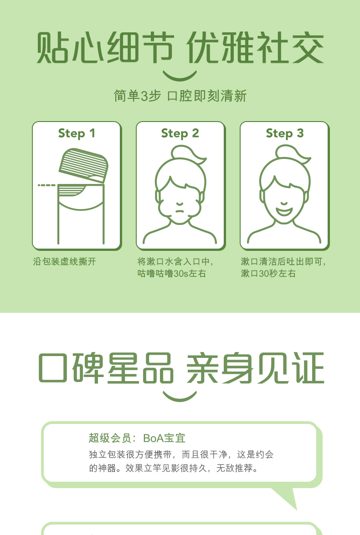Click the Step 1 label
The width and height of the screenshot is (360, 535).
77,133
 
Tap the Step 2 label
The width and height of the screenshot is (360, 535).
180,133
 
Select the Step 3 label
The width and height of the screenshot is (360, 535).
284,133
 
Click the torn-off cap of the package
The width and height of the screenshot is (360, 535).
84,165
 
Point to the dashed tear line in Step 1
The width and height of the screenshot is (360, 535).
46,185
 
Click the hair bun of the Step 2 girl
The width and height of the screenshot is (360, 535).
186,153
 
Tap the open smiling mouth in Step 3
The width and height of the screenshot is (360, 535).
284,209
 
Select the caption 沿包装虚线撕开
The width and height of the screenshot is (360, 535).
64,262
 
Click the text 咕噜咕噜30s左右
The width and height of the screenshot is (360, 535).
171,274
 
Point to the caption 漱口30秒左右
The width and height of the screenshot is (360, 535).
268,274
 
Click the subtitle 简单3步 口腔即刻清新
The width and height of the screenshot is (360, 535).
180,96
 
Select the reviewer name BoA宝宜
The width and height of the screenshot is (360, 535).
165,438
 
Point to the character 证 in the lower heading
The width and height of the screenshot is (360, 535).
309,368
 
